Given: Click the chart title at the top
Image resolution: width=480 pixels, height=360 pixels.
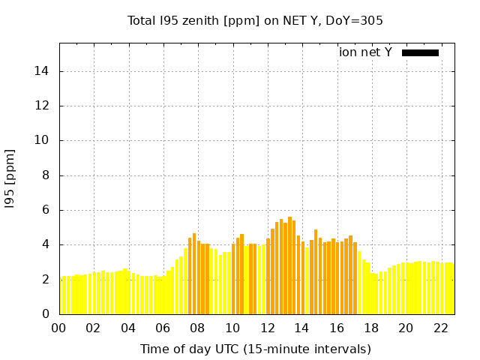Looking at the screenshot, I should point(255,20).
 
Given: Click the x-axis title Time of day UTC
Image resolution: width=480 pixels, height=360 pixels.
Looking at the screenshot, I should point(255,349).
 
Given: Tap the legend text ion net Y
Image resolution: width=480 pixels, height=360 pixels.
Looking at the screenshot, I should point(365,52).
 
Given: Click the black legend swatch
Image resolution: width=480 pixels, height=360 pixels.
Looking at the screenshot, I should point(420,52).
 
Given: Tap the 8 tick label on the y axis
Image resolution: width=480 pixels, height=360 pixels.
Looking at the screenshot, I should point(47,175).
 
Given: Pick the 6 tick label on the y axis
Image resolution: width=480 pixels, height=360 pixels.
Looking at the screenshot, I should point(47,210).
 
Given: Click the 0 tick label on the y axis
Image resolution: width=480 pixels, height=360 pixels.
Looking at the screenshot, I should point(47,314).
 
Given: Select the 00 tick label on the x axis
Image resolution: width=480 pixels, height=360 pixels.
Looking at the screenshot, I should point(59,328).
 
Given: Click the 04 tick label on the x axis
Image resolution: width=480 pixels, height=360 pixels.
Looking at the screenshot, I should point(128,328).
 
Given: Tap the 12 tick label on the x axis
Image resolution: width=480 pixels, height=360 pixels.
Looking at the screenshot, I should point(267,328).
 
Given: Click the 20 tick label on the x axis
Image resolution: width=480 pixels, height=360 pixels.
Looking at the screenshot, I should point(406,328).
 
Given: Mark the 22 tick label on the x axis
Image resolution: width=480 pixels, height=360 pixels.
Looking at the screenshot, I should point(440,328).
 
